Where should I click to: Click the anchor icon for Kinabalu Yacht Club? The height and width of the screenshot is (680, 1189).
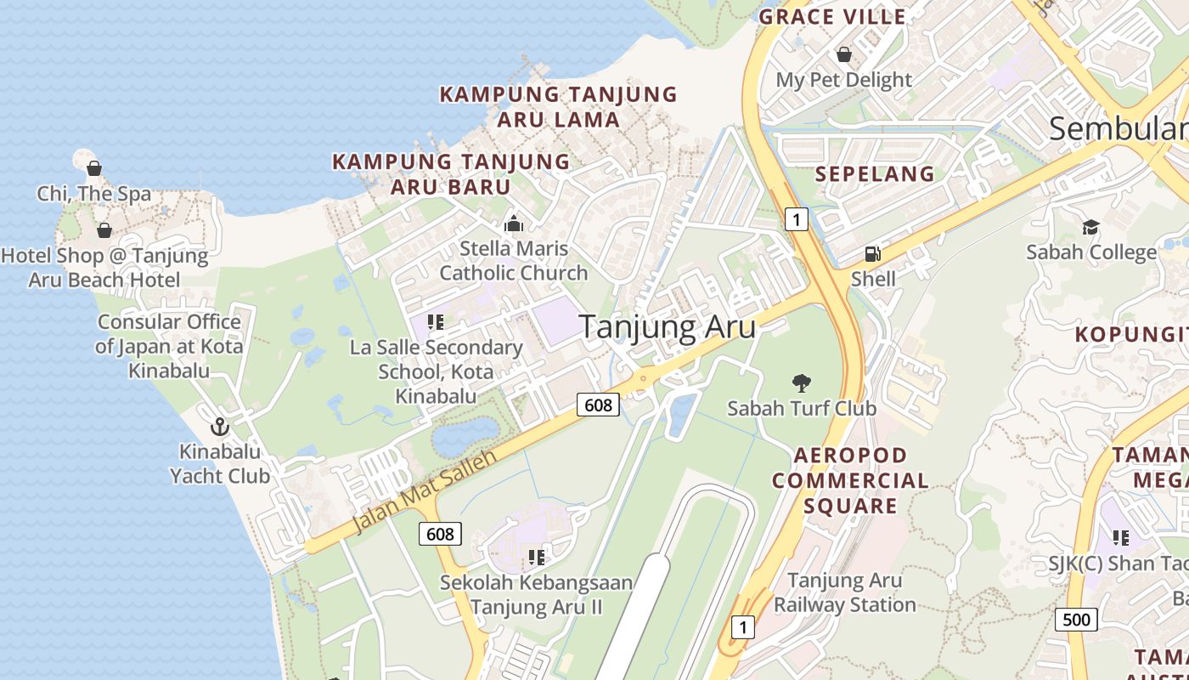pyautogui.click(x=220, y=427)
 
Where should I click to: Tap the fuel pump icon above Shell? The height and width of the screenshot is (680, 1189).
pyautogui.click(x=872, y=253)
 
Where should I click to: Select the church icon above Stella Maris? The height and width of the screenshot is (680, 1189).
pyautogui.click(x=513, y=224)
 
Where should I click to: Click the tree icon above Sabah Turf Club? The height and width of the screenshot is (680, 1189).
pyautogui.click(x=801, y=383)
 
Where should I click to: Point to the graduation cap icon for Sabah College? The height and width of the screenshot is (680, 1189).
pyautogui.click(x=1090, y=227)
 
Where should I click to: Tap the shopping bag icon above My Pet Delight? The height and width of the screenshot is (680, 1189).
pyautogui.click(x=844, y=54)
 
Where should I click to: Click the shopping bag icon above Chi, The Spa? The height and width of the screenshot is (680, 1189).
pyautogui.click(x=94, y=168)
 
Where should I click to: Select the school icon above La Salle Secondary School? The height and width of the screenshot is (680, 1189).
pyautogui.click(x=436, y=322)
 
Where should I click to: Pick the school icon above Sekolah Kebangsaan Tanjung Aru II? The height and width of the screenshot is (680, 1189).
pyautogui.click(x=536, y=558)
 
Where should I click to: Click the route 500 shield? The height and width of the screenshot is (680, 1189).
pyautogui.click(x=1076, y=619)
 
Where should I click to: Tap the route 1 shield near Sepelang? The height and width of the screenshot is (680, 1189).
pyautogui.click(x=795, y=219)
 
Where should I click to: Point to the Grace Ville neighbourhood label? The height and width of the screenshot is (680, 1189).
pyautogui.click(x=832, y=16)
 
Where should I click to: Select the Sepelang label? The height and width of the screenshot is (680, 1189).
pyautogui.click(x=875, y=174)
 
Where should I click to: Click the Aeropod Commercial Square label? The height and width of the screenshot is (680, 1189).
pyautogui.click(x=850, y=480)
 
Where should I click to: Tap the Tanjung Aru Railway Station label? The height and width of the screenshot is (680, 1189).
pyautogui.click(x=844, y=592)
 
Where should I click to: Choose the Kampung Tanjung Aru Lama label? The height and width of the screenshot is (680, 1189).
pyautogui.click(x=558, y=106)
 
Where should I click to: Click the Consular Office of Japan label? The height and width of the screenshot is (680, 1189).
pyautogui.click(x=169, y=346)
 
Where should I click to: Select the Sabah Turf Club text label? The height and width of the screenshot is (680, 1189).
pyautogui.click(x=801, y=408)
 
